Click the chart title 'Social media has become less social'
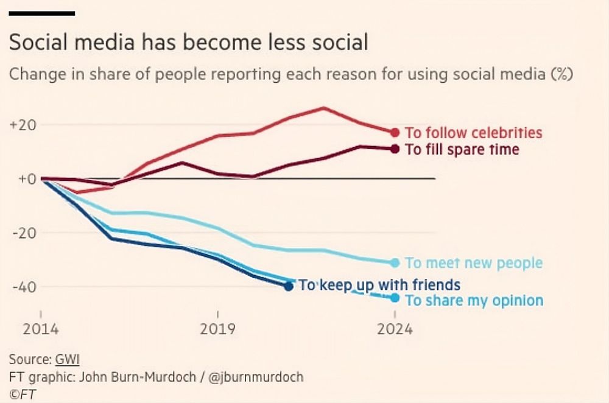(x=188, y=43)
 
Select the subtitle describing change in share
(x=291, y=75)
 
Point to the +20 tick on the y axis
(x=22, y=125)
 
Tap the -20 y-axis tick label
(x=23, y=233)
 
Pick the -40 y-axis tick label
(x=23, y=287)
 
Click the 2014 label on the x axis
(x=40, y=329)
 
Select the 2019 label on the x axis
(x=217, y=329)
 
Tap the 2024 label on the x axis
(x=395, y=329)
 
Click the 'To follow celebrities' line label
(x=473, y=133)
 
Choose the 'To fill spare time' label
(x=462, y=149)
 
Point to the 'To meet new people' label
(x=473, y=263)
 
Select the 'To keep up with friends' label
(x=379, y=285)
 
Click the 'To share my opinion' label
(x=474, y=301)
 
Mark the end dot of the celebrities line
(x=395, y=133)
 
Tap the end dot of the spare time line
(x=395, y=149)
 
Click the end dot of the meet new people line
(x=395, y=262)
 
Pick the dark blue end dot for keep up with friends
(x=289, y=286)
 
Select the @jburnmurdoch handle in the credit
(x=256, y=376)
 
